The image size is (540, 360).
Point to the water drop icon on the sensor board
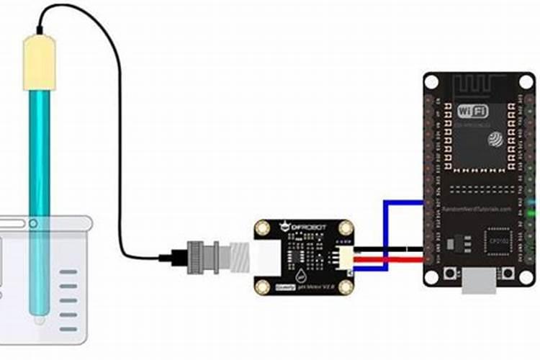coord(300,274)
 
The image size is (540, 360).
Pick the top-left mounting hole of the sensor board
coord(264,230)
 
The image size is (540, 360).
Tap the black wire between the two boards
coord(389,251)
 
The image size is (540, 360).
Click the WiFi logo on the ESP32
coord(472,112)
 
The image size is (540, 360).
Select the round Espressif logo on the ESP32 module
coord(496,138)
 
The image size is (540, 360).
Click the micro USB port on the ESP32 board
coord(479,282)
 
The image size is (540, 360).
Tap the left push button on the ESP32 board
coord(452,275)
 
